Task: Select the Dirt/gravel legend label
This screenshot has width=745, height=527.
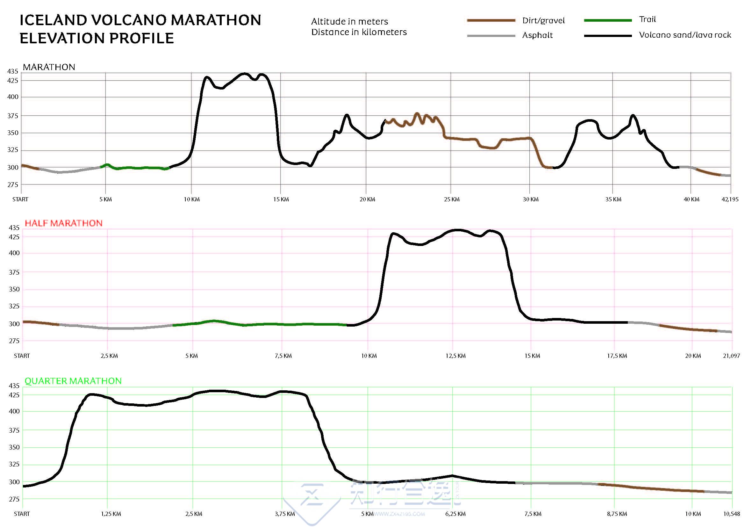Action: pyautogui.click(x=543, y=21)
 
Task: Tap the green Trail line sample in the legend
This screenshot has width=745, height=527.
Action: pyautogui.click(x=608, y=20)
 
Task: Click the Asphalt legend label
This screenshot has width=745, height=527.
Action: pyautogui.click(x=537, y=35)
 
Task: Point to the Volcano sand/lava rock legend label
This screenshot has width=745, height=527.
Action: pyautogui.click(x=685, y=35)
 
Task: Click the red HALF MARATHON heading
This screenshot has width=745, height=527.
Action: pyautogui.click(x=64, y=223)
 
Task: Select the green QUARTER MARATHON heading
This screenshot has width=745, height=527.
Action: pyautogui.click(x=73, y=381)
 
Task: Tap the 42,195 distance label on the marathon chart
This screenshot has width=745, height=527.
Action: pyautogui.click(x=730, y=199)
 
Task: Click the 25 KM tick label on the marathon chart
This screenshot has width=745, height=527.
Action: pyautogui.click(x=452, y=199)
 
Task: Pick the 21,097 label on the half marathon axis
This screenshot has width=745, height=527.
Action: pyautogui.click(x=731, y=356)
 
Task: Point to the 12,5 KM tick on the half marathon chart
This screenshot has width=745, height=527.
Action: pyautogui.click(x=455, y=356)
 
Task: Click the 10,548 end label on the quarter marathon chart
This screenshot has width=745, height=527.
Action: pyautogui.click(x=731, y=514)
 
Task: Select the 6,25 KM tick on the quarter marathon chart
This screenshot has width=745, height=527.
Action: pyautogui.click(x=455, y=514)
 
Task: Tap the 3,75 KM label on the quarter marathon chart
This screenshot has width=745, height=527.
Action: pyautogui.click(x=284, y=514)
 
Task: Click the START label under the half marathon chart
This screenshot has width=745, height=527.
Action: pyautogui.click(x=22, y=356)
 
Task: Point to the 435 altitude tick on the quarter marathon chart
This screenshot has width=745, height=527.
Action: pyautogui.click(x=14, y=386)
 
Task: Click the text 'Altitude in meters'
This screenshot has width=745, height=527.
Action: pyautogui.click(x=349, y=22)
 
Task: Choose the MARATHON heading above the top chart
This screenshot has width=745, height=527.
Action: pyautogui.click(x=49, y=67)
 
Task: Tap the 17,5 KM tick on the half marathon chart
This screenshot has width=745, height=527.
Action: pyautogui.click(x=617, y=356)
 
